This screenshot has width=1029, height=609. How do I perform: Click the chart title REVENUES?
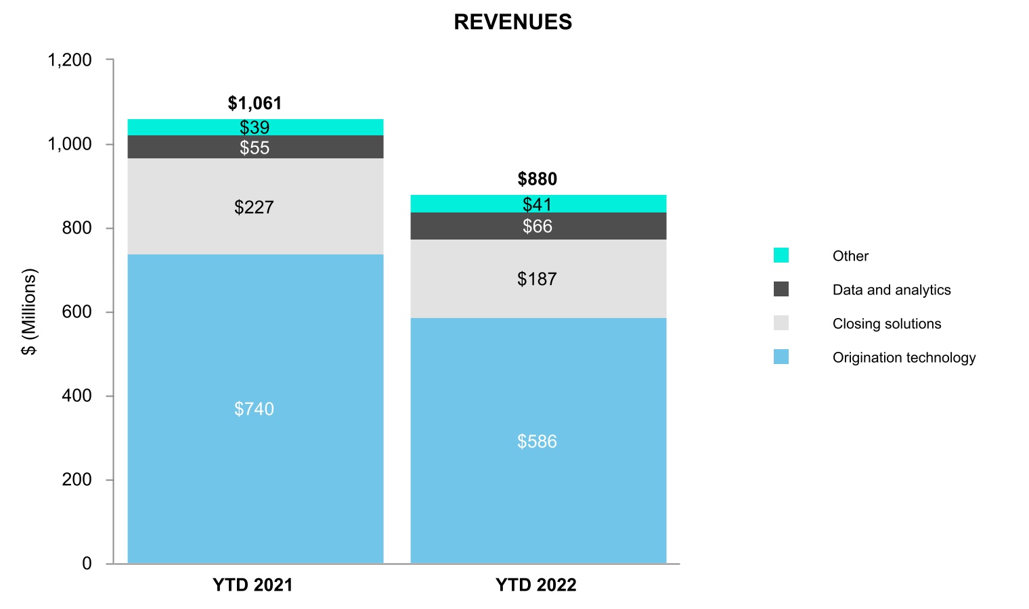(x=512, y=22)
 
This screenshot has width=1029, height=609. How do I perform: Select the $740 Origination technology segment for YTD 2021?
(x=255, y=409)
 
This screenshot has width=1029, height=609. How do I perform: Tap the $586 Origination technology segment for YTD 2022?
(x=538, y=441)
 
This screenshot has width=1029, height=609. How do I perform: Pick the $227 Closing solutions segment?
(x=255, y=207)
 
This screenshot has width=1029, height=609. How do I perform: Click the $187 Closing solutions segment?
(x=538, y=279)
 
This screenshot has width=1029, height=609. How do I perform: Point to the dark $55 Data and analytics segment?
(x=255, y=148)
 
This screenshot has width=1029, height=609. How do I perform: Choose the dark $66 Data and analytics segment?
(x=538, y=226)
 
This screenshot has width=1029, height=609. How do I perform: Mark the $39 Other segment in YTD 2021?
(x=255, y=127)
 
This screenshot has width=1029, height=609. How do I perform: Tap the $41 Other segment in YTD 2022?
(x=538, y=204)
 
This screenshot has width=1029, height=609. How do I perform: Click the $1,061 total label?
(x=255, y=104)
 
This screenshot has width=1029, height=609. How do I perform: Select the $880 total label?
(x=538, y=179)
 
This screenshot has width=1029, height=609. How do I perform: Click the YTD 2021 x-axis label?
(x=253, y=585)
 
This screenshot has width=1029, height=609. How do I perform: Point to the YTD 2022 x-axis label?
(x=536, y=585)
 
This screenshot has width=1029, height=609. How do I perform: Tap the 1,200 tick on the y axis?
(x=70, y=60)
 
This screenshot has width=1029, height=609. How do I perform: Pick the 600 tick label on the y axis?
(x=76, y=312)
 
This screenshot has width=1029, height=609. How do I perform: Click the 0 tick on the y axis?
(x=87, y=564)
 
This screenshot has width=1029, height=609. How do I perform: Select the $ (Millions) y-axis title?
(x=29, y=312)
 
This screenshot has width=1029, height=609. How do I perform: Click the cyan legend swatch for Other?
(x=781, y=256)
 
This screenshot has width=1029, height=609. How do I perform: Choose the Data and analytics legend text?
(x=892, y=290)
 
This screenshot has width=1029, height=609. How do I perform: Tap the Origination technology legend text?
(x=904, y=358)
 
